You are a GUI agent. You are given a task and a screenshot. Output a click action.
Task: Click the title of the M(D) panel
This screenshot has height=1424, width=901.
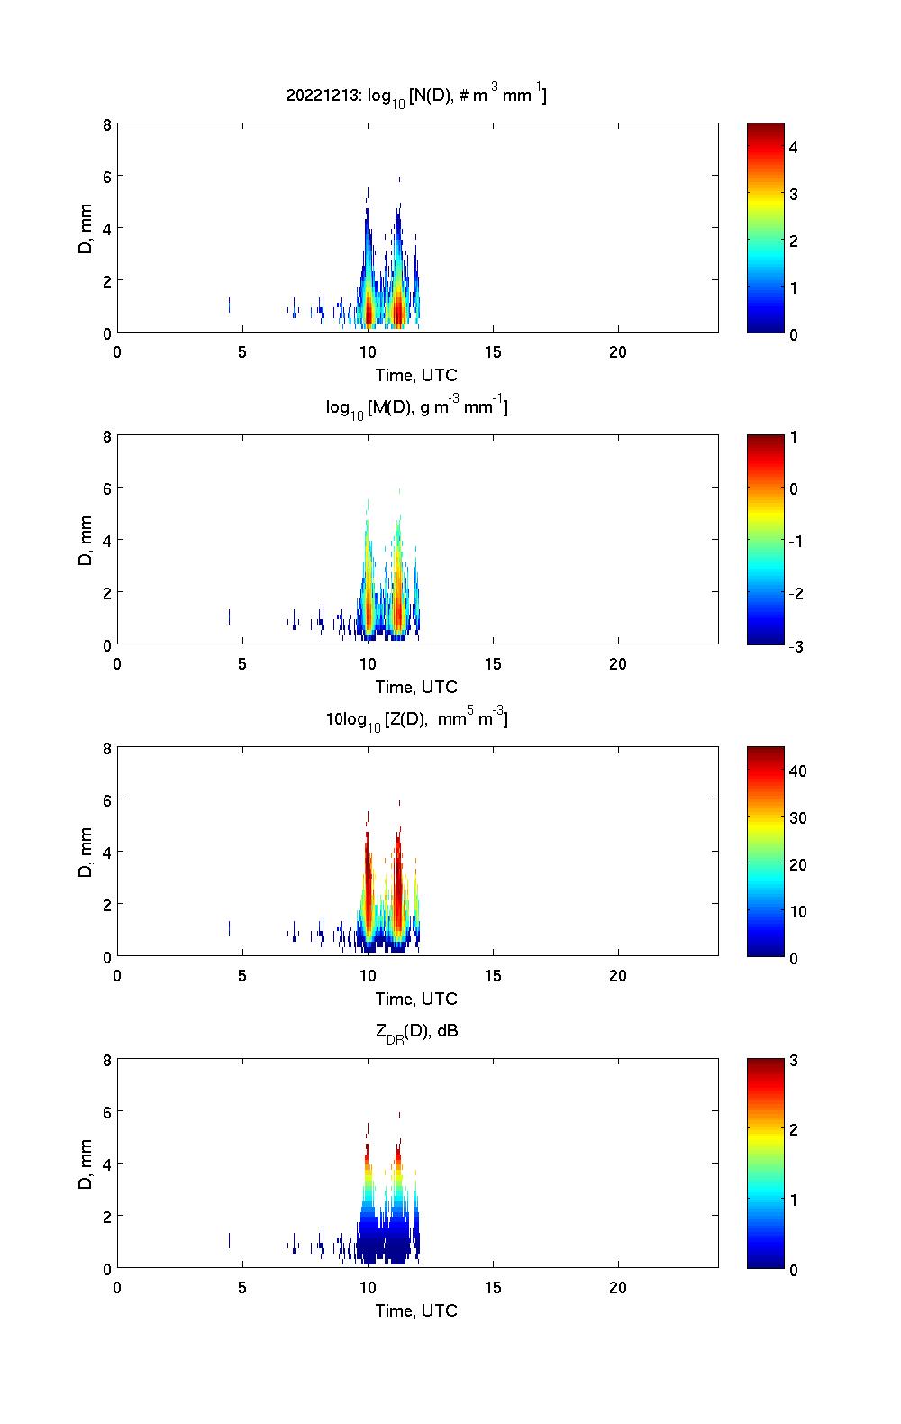pos(416,408)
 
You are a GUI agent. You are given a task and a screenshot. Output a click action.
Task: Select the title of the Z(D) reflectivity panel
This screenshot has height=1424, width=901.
pos(416,719)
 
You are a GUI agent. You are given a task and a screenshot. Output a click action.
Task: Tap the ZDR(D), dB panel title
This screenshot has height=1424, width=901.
pos(416,1032)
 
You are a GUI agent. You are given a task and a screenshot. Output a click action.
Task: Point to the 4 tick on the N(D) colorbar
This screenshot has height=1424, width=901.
pos(794,147)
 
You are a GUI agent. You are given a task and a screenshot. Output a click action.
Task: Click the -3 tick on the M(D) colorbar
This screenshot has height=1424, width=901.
pos(796,646)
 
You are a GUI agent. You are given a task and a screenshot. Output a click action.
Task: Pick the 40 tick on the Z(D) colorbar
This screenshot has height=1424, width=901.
pos(797,771)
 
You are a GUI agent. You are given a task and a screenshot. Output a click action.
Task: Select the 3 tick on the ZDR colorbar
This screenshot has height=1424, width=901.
pos(794,1061)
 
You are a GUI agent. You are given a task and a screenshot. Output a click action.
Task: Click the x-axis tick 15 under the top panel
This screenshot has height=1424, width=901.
pos(493,352)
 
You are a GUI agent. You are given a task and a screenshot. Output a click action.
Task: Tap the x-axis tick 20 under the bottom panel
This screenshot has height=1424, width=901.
pos(618,1288)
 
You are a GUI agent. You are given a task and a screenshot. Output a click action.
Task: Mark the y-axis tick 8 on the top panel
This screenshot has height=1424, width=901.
pos(107,124)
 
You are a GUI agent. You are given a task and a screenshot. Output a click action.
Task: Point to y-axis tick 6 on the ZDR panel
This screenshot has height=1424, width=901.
pos(107,1112)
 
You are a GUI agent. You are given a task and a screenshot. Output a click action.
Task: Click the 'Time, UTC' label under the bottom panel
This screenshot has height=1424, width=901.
pos(416,1310)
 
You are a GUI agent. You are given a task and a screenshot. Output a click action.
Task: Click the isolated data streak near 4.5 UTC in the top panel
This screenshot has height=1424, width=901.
pos(229,305)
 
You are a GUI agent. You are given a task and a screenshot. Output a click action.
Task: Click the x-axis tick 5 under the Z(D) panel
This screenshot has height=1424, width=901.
pos(242,976)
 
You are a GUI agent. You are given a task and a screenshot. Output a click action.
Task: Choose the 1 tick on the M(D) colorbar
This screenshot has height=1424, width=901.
pos(794,437)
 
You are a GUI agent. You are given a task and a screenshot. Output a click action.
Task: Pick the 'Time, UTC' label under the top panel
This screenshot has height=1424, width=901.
pos(416,375)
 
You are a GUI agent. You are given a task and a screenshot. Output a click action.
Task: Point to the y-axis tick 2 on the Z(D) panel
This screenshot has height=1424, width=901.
pos(107,904)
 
